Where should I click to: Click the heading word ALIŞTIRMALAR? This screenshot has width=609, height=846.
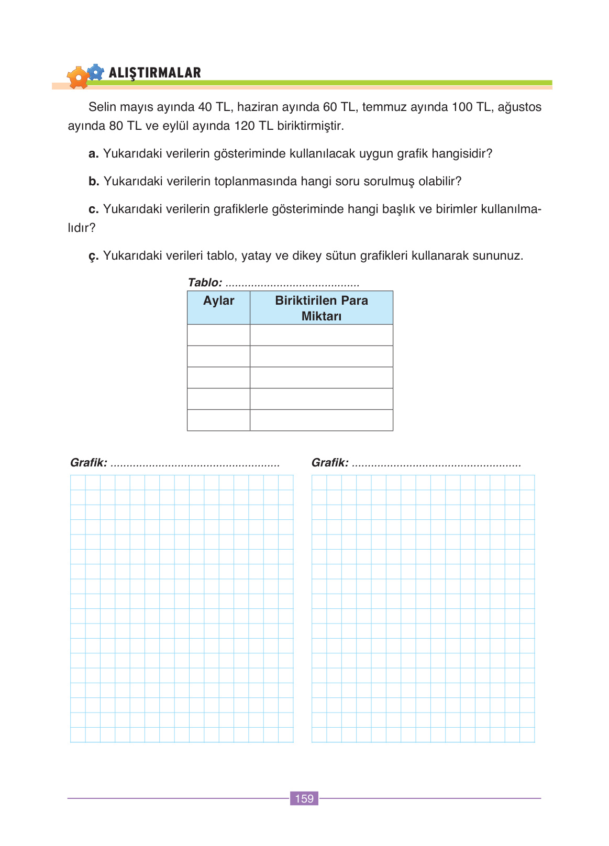[154, 73]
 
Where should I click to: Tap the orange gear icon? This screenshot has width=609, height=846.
[78, 78]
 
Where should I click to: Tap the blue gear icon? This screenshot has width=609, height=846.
[95, 72]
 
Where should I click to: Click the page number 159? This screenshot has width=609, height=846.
[304, 798]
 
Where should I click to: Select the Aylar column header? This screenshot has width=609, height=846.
[218, 300]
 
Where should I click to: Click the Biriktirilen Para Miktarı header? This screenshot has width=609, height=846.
[321, 308]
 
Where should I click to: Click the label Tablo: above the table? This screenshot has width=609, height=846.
[205, 283]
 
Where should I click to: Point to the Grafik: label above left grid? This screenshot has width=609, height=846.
[88, 463]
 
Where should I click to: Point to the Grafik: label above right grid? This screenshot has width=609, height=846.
[330, 463]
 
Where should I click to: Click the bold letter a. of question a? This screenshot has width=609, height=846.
[94, 154]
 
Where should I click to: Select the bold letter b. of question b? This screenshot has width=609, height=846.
[94, 182]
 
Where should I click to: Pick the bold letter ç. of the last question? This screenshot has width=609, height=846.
[93, 257]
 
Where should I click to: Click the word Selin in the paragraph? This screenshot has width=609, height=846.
[102, 107]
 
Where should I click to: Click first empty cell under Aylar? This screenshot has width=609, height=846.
[218, 335]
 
